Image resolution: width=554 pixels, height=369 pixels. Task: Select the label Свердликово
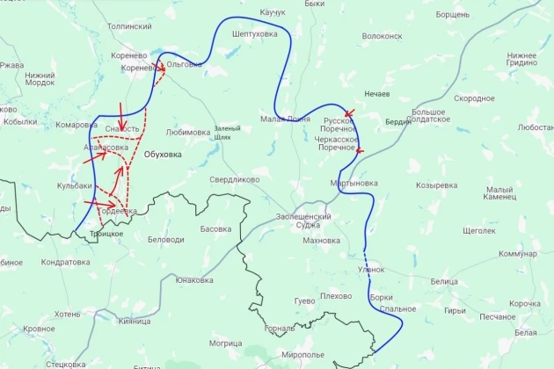click(x=234, y=179)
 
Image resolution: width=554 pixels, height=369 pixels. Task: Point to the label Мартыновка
click(x=354, y=184)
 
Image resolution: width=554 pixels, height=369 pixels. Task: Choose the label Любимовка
click(x=187, y=133)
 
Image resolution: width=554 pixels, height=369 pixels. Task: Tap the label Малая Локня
click(x=285, y=119)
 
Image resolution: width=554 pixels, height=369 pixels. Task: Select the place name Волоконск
click(x=382, y=37)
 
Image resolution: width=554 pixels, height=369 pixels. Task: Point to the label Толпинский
click(x=129, y=27)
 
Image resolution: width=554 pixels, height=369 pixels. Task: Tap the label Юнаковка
click(x=194, y=280)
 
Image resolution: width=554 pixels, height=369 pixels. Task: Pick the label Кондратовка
click(x=66, y=262)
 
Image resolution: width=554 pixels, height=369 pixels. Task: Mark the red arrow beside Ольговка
click(x=161, y=69)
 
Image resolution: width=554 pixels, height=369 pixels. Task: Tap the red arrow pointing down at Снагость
click(x=121, y=112)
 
